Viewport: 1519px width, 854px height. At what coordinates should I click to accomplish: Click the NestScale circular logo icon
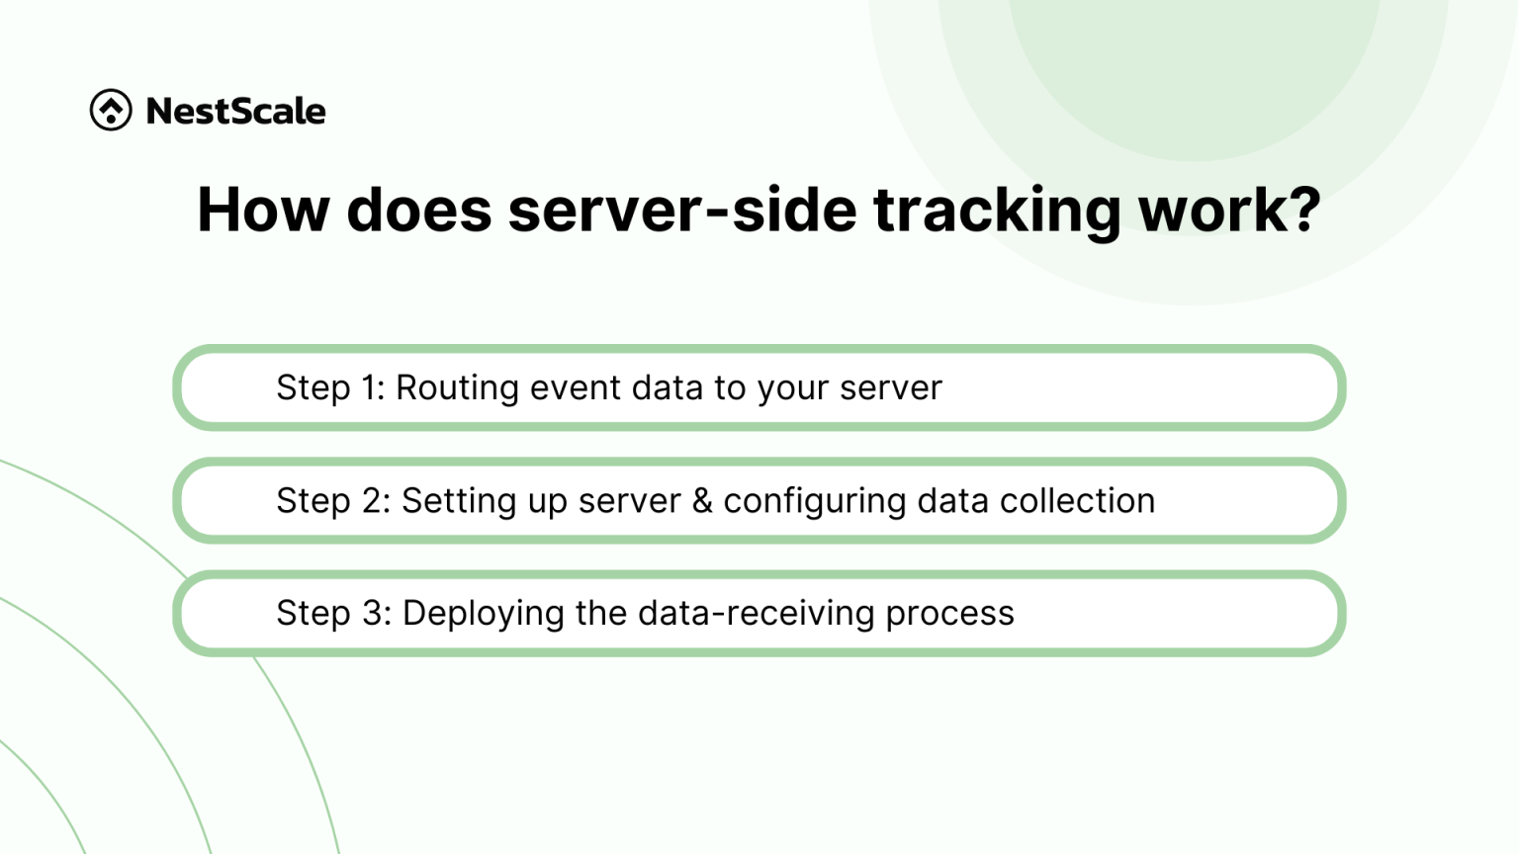(111, 110)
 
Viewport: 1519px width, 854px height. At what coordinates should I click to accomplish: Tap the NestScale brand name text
(235, 111)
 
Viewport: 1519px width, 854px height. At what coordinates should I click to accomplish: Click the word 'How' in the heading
(262, 210)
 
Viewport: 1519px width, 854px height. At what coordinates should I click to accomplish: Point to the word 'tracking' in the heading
(997, 212)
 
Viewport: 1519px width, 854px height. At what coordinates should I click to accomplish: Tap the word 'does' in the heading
(418, 210)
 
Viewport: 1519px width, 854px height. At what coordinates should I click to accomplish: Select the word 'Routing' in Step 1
(457, 388)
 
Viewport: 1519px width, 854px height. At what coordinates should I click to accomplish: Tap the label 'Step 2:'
(333, 501)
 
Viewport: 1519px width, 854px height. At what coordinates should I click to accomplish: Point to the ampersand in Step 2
(702, 501)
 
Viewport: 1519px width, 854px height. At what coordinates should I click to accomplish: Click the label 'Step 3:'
(334, 614)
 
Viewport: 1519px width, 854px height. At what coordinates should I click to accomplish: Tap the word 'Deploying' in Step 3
(484, 615)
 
